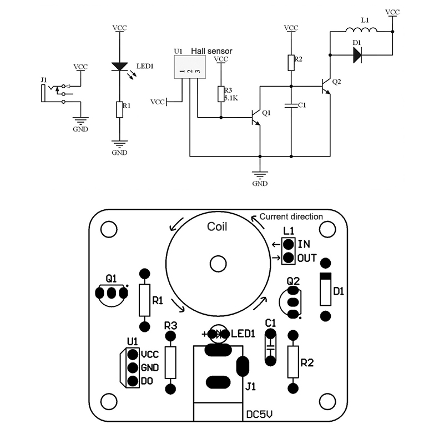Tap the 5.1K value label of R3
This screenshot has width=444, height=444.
tap(231, 98)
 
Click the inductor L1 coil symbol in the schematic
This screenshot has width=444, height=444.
tap(361, 31)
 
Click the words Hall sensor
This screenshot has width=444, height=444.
tap(211, 51)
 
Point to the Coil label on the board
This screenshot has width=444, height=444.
tap(217, 226)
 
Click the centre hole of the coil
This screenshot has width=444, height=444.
tap(217, 263)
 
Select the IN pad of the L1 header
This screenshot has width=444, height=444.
tap(288, 244)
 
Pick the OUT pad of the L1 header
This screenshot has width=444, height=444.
tap(288, 258)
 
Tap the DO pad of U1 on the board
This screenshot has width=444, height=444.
tap(132, 381)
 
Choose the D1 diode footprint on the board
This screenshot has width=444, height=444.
tap(326, 289)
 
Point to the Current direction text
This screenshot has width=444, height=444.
tap(291, 216)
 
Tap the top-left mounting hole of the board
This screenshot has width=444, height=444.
tap(109, 228)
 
